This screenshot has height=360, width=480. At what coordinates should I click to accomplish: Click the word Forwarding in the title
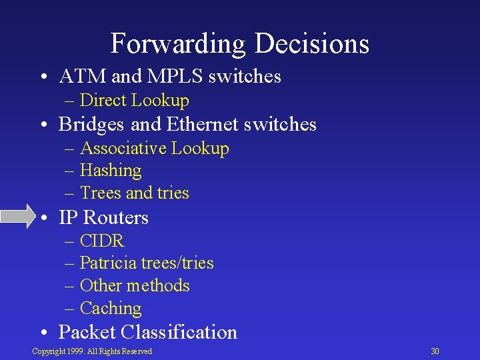[x=178, y=43]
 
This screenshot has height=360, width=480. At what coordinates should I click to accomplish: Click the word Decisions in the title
[x=311, y=43]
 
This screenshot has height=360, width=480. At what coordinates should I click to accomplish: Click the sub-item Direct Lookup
[x=134, y=101]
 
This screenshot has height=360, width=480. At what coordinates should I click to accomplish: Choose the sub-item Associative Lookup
[x=154, y=148]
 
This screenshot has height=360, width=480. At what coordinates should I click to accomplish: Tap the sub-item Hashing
[x=111, y=171]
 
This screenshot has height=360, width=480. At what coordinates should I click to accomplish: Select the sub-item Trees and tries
[x=134, y=193]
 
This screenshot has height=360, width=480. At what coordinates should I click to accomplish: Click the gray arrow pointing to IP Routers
[x=19, y=217]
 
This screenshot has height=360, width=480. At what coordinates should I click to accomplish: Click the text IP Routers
[x=103, y=217]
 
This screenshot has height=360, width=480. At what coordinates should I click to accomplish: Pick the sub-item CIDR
[x=102, y=241]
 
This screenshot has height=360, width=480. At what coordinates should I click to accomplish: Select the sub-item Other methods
[x=135, y=286]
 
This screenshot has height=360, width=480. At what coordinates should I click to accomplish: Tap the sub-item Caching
[x=111, y=309]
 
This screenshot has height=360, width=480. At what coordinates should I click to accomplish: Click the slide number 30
[x=435, y=351]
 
